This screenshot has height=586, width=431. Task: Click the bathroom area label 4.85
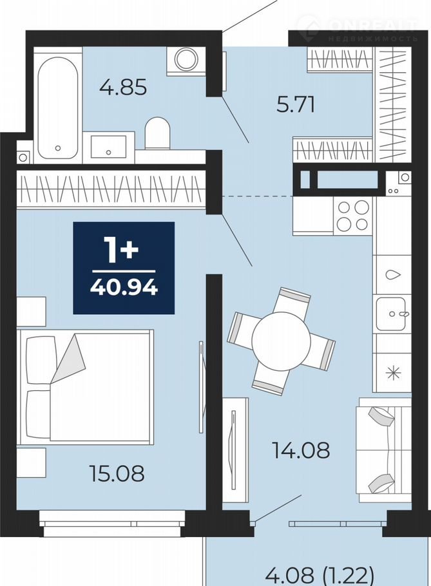123,88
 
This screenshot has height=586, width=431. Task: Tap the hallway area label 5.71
295,104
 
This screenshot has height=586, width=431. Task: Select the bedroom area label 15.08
117,473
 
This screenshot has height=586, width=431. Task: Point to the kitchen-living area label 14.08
301,450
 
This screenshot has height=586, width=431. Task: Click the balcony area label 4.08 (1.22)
320,576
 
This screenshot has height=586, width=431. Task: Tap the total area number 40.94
124,287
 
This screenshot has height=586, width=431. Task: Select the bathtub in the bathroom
57,108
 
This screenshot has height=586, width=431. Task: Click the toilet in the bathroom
157,133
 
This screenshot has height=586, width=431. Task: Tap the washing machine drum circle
187,59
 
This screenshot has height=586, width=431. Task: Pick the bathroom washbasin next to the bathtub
108,147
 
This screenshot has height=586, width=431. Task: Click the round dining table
281,341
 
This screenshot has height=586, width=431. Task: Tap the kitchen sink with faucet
391,314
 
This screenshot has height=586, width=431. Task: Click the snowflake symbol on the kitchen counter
393,372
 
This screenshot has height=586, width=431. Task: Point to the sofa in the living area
383,449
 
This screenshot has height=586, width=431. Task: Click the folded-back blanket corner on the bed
68,359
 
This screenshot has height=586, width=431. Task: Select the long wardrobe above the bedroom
111,189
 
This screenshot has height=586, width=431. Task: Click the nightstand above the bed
32,312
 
